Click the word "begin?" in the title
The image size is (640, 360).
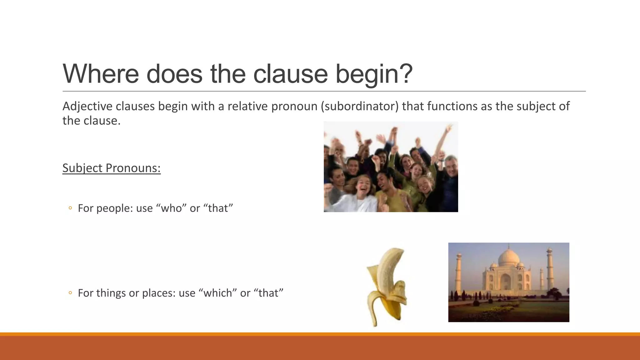374,74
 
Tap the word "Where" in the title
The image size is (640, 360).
101,74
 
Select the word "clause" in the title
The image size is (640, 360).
290,74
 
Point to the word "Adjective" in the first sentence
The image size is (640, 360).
87,107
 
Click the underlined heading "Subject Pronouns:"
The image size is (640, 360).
111,168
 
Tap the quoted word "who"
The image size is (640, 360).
171,208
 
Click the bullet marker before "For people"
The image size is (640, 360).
70,208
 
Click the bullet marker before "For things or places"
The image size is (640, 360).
70,293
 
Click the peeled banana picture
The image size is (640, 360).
387,286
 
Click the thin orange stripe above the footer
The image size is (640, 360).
320,334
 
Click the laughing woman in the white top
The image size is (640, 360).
364,194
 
